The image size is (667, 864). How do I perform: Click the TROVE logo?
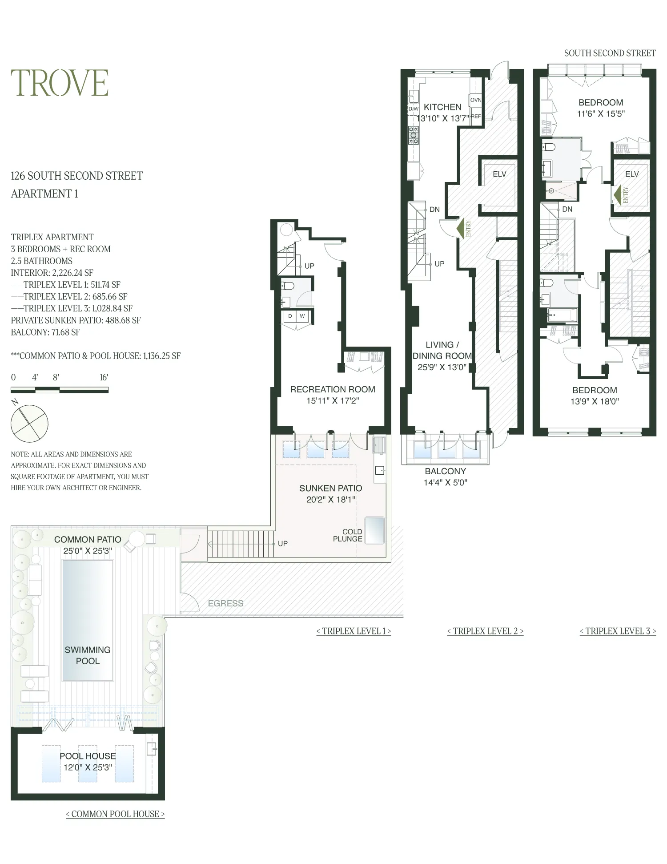pos(60,83)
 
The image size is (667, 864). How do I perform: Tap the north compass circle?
pos(29,423)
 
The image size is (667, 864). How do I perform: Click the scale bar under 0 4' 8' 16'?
pos(60,390)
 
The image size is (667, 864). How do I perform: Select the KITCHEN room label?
pos(442,107)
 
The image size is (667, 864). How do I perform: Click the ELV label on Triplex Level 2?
pos(499,174)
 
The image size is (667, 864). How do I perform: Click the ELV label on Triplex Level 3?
pos(632,174)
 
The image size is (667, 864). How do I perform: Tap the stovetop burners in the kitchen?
pos(414,135)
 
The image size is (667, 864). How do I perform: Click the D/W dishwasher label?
pos(414,109)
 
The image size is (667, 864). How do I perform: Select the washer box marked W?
pos(302,316)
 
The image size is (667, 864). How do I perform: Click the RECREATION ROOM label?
pos(333,389)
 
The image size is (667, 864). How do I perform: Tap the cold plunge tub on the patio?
pos(374,530)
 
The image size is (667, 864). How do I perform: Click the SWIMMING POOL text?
pos(88,655)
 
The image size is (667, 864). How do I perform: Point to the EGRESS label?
pos(225,603)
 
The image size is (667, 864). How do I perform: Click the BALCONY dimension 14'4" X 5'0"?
pos(445,482)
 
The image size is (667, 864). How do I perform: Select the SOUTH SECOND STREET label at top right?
pos(610,53)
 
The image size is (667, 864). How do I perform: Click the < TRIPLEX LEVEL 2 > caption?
pos(485,631)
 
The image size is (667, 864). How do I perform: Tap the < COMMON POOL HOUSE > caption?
pos(115,814)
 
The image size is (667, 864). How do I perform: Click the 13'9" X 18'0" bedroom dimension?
pos(595,401)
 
